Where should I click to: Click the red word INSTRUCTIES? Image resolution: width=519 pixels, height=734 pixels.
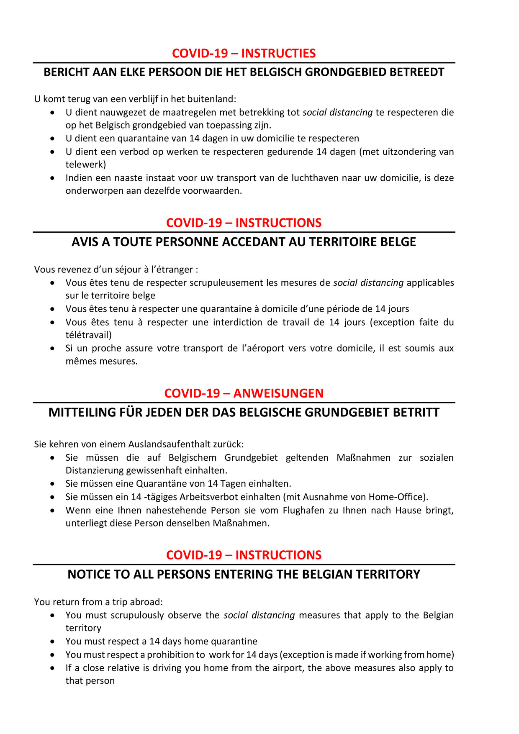[x=278, y=54]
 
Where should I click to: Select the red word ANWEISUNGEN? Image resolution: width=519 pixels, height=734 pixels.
[x=278, y=393]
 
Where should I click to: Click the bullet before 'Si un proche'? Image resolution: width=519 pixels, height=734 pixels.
[x=52, y=348]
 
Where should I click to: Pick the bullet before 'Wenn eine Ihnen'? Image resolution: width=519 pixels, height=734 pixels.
[x=52, y=511]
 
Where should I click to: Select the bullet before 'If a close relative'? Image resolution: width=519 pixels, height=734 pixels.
[x=52, y=668]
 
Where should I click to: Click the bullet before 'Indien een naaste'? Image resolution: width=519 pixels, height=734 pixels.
[x=52, y=178]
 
